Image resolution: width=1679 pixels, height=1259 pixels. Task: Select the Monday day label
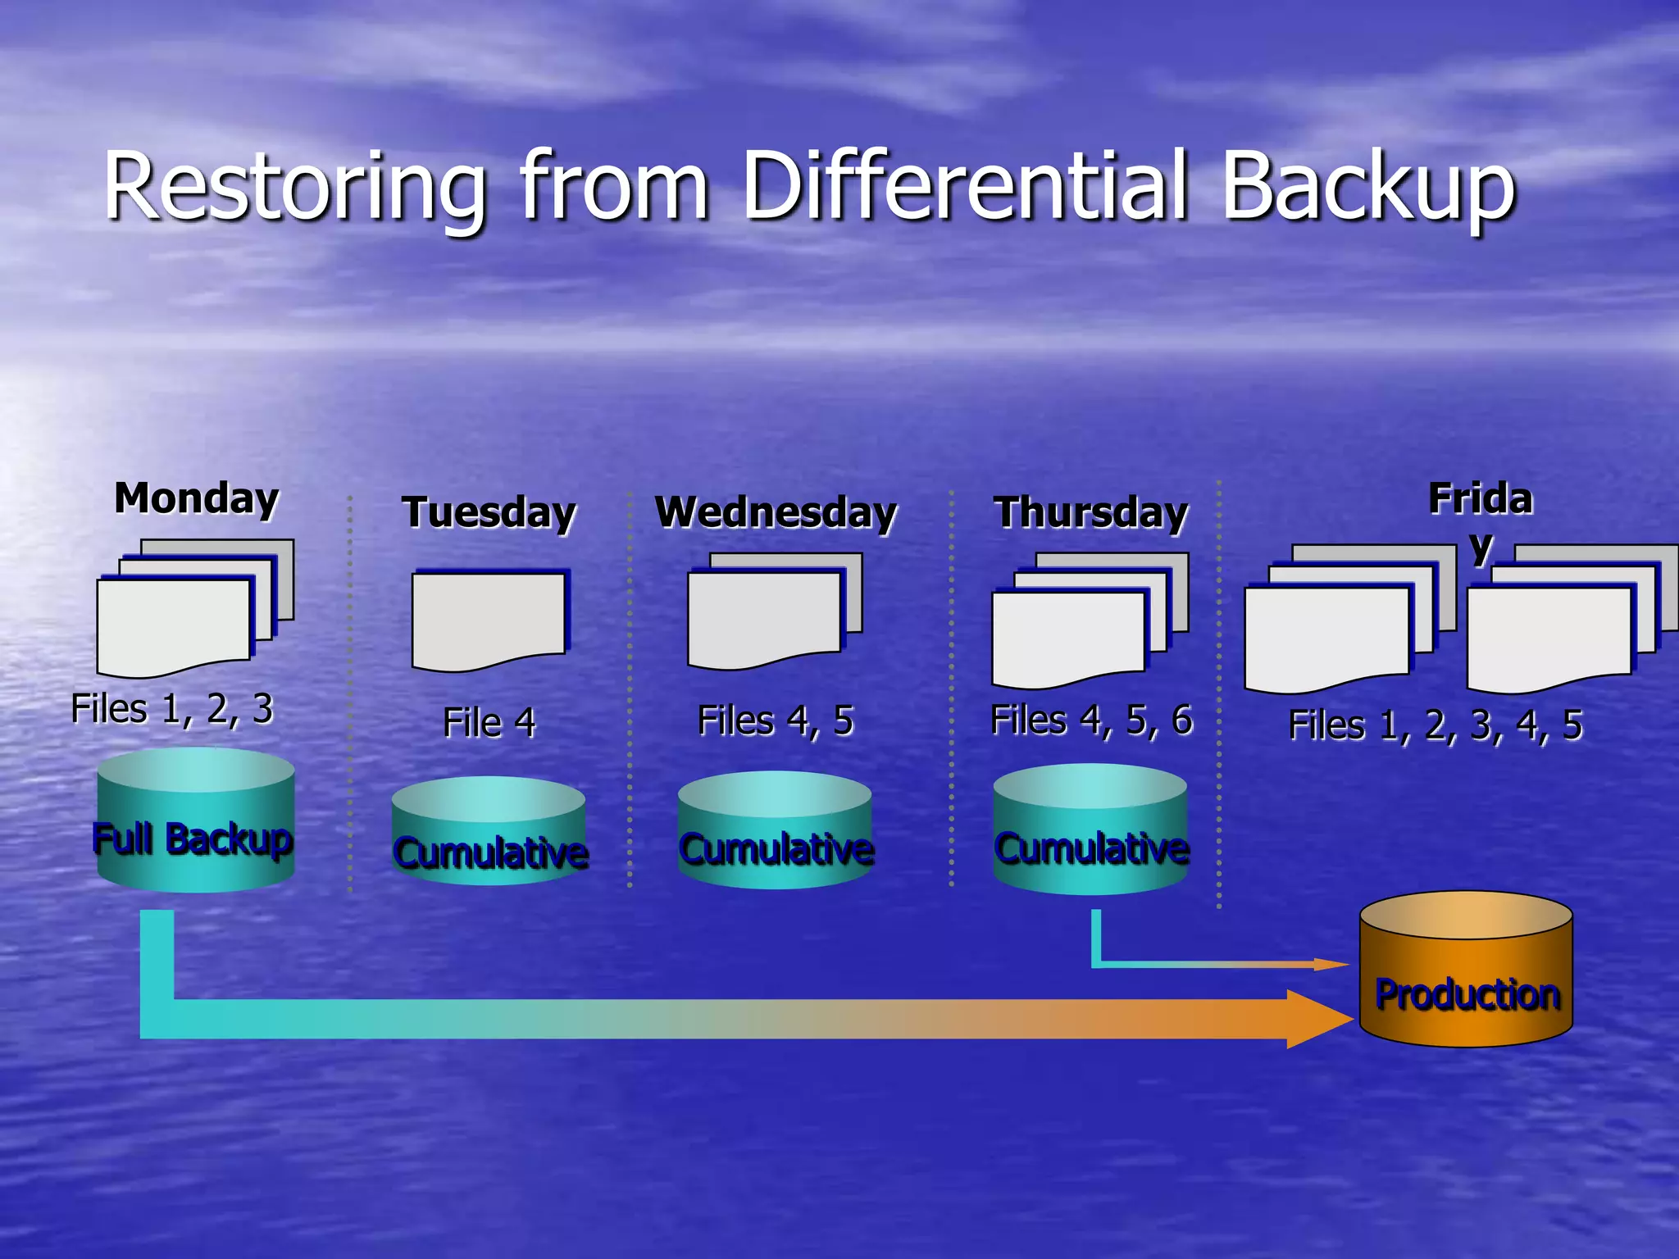pos(197,498)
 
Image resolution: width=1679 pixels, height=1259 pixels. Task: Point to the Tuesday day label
pos(489,513)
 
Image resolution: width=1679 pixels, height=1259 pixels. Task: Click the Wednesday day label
pos(776,513)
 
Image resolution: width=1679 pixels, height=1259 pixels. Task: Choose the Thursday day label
pos(1090,513)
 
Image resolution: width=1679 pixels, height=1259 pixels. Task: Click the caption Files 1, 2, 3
pos(172,709)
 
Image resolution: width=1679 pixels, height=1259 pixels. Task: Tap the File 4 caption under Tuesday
pos(489,723)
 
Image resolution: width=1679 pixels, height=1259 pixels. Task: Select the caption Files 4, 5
pos(776,721)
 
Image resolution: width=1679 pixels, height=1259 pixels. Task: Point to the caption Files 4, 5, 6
pos(1091,720)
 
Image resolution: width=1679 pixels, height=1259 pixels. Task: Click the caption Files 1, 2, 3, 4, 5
pos(1435,725)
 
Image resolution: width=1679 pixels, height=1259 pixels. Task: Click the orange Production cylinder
pos(1466,971)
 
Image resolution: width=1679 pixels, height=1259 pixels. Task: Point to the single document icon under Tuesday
pos(489,619)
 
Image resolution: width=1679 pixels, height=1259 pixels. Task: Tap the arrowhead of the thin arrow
pos(1330,965)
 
